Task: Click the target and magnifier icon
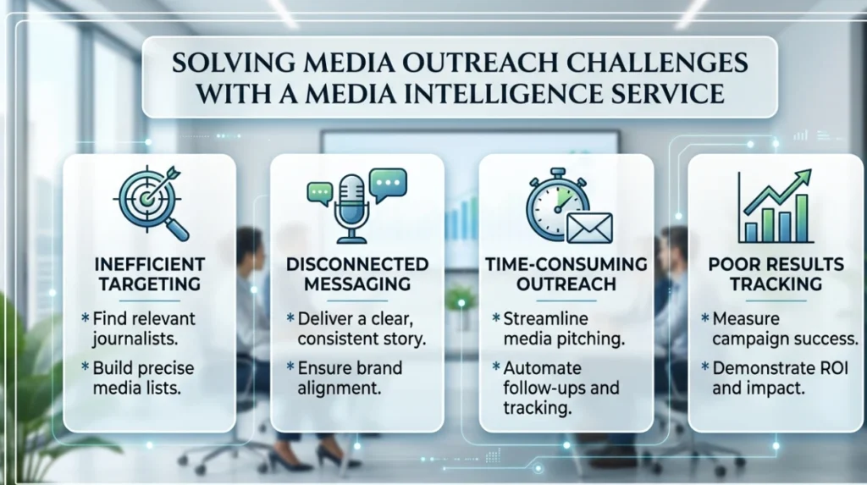[151, 203]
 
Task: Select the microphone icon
[351, 209]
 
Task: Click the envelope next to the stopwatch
[589, 228]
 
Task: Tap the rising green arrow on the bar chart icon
[777, 192]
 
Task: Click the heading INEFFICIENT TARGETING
[149, 273]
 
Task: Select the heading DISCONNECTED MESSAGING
[357, 273]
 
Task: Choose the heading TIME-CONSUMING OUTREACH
[566, 273]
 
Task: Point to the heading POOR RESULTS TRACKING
[776, 273]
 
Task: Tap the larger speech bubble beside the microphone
[388, 185]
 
